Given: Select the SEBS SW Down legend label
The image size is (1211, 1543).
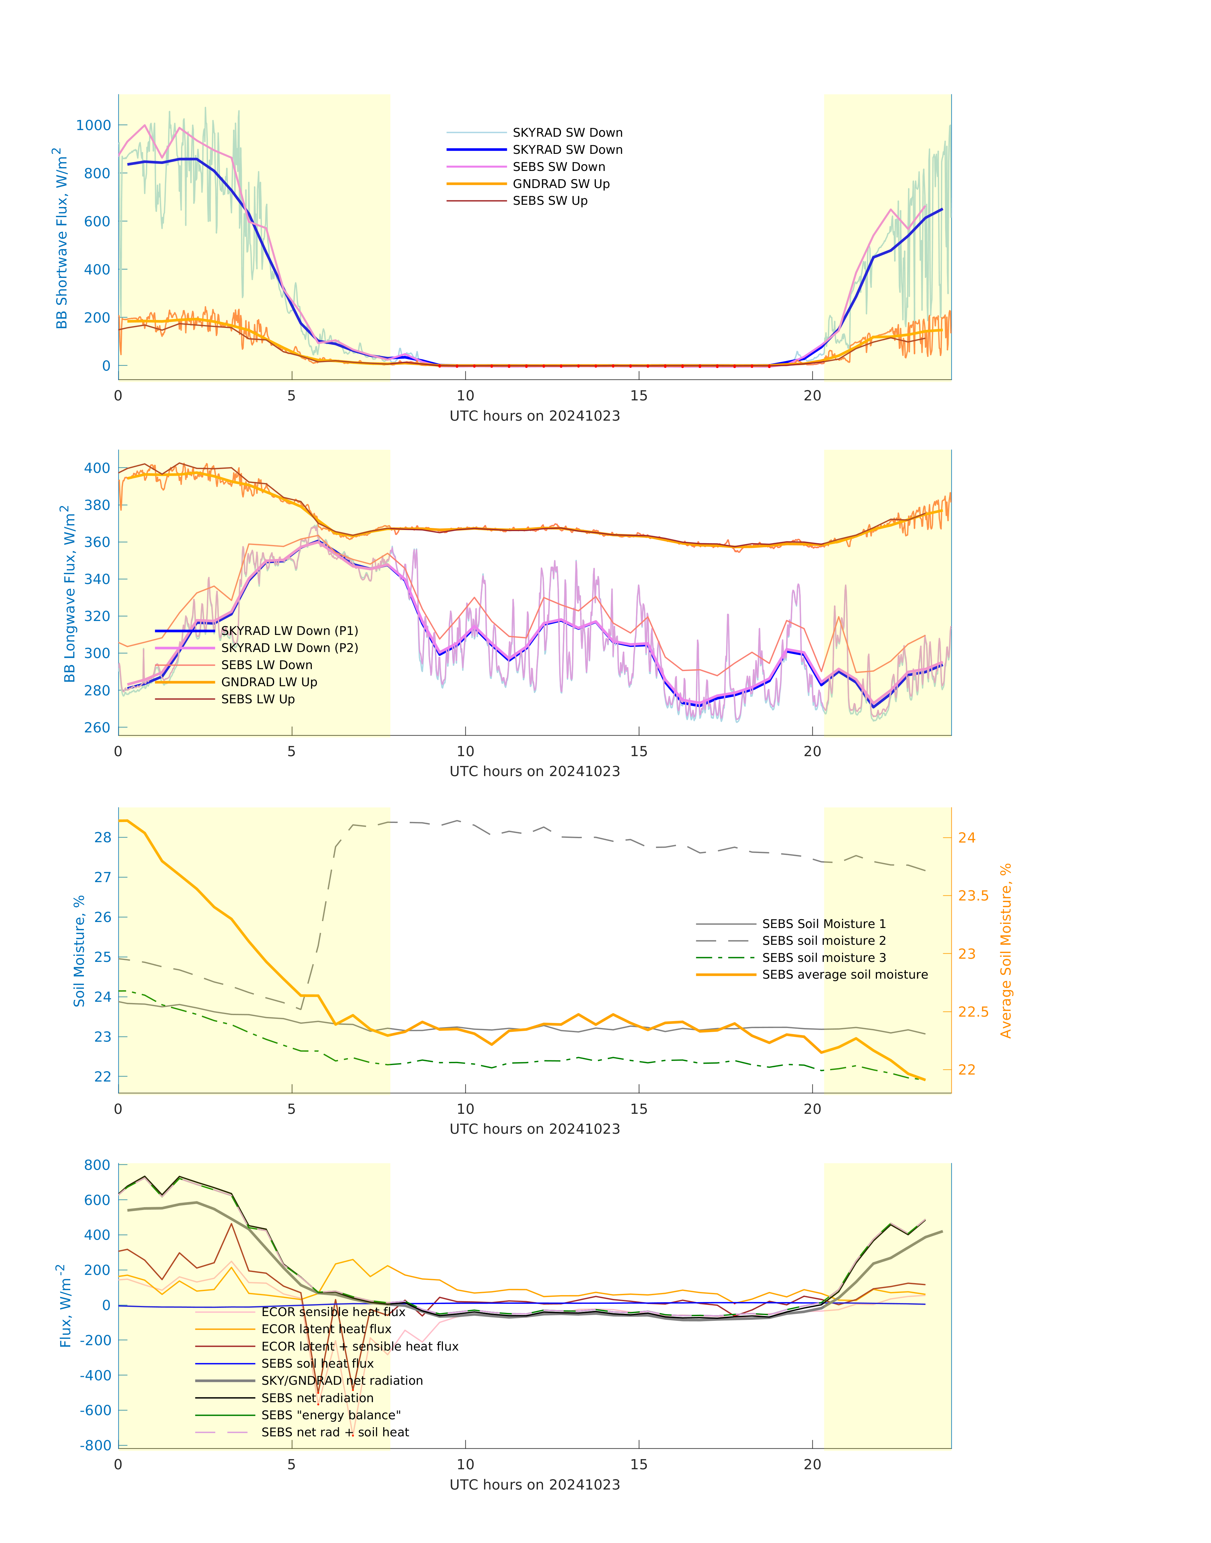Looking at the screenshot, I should coord(559,167).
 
